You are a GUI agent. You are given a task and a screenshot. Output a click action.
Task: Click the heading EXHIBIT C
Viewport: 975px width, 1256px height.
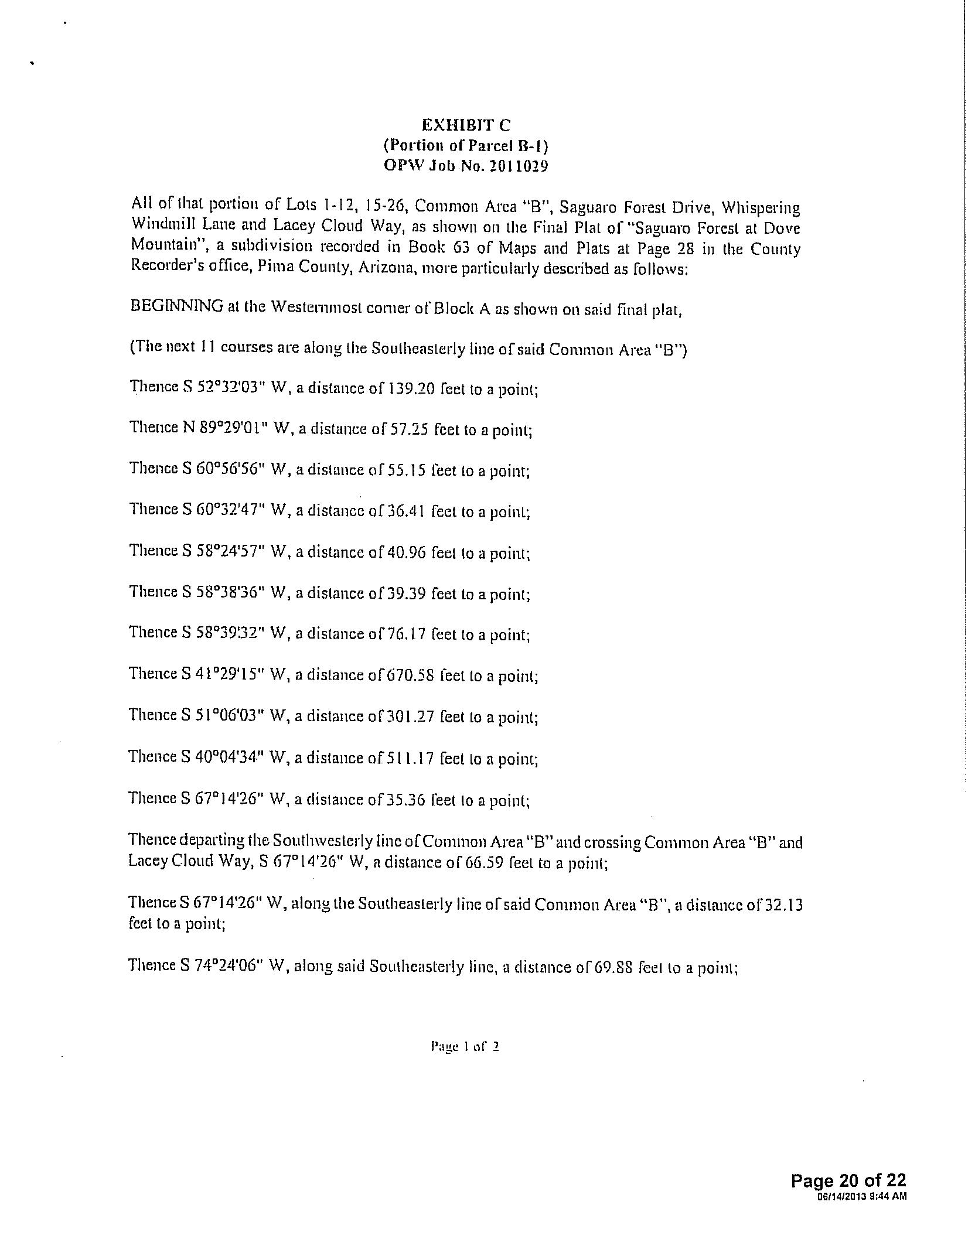[x=465, y=125]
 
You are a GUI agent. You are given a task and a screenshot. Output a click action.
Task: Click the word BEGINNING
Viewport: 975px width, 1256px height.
[x=177, y=306]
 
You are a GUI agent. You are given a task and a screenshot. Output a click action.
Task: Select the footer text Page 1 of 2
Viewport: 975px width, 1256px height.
[x=465, y=1047]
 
